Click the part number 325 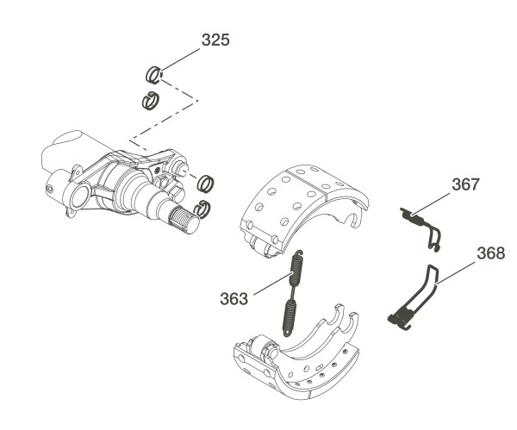point(215,40)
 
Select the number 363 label point(234,298)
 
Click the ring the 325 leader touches point(155,75)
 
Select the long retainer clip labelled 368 point(414,298)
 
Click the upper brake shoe point(302,207)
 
